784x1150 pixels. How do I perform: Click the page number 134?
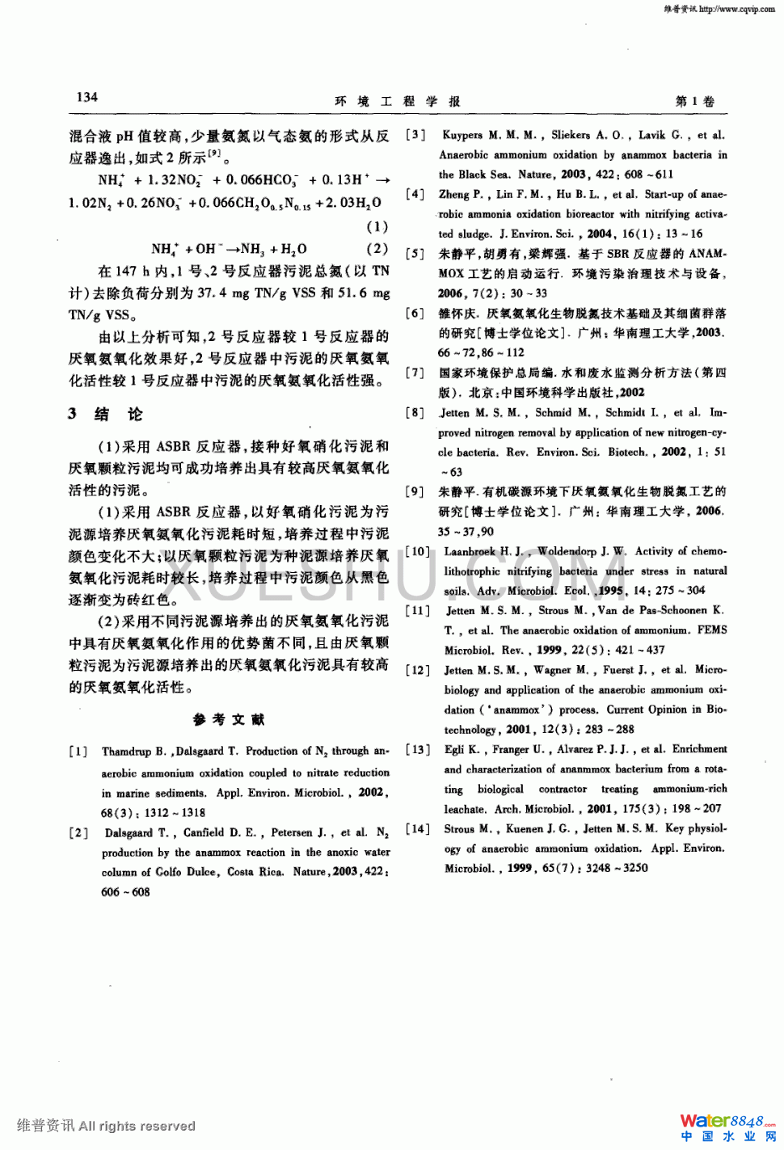click(x=87, y=97)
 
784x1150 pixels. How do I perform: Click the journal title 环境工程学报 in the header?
click(x=397, y=101)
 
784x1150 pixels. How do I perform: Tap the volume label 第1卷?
click(x=694, y=101)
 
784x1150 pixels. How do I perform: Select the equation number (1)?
click(x=377, y=226)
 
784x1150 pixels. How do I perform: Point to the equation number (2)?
click(x=377, y=249)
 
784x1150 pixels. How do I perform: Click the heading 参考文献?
click(x=229, y=719)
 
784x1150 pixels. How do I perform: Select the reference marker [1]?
click(x=78, y=752)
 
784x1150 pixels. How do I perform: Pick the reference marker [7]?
click(x=415, y=373)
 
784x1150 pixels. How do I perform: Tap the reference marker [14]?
click(x=417, y=828)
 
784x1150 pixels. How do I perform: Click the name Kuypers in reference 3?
click(x=462, y=135)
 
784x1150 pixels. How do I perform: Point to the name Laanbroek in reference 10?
click(x=471, y=551)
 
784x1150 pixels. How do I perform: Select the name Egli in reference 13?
click(x=456, y=749)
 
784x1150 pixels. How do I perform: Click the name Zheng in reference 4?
click(x=455, y=194)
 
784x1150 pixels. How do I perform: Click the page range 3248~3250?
click(x=618, y=868)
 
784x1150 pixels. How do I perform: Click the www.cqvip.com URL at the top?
click(x=736, y=9)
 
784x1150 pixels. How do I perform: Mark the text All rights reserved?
click(x=137, y=1126)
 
